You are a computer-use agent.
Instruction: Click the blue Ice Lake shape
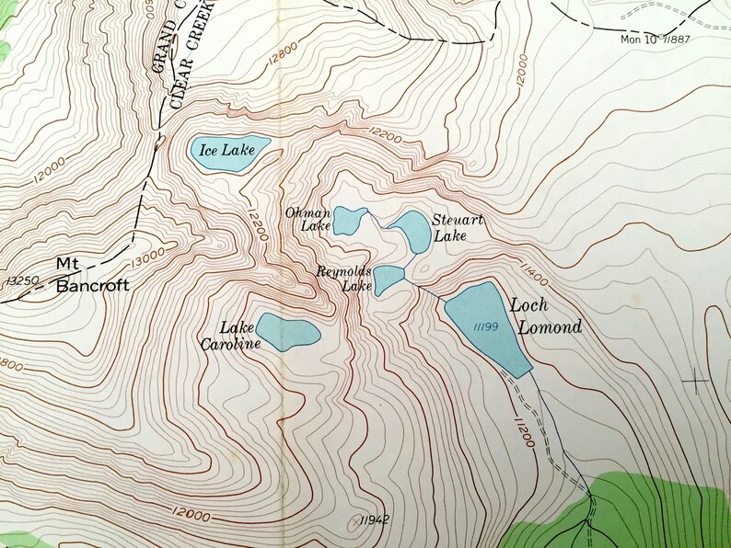[229, 150]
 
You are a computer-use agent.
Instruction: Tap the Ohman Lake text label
[307, 219]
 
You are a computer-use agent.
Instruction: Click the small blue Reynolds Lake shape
[389, 278]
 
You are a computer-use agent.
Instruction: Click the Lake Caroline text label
[227, 335]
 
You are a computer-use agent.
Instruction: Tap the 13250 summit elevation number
[21, 280]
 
